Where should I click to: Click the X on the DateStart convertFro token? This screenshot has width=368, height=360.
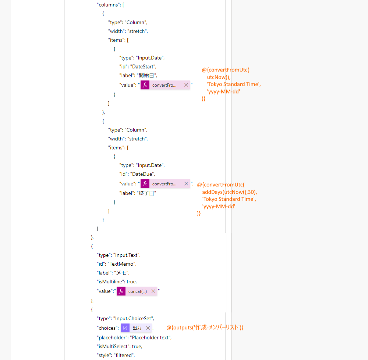click(186, 85)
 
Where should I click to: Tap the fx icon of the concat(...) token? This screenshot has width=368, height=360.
click(121, 291)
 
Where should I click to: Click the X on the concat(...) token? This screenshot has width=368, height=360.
click(153, 291)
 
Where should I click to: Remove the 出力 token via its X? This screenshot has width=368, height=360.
click(148, 328)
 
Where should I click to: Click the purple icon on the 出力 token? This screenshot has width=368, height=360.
click(125, 328)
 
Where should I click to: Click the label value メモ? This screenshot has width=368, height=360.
click(121, 273)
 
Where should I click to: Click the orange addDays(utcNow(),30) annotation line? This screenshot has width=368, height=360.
click(230, 192)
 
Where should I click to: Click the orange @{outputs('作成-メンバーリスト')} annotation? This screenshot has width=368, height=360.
click(205, 328)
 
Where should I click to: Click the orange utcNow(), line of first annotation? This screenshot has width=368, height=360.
click(219, 77)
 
